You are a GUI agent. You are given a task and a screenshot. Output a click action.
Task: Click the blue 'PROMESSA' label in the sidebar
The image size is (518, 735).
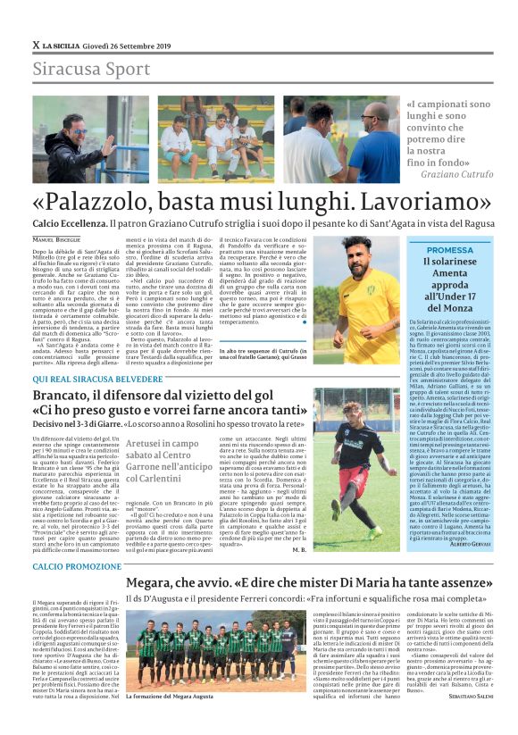(x=449, y=250)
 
